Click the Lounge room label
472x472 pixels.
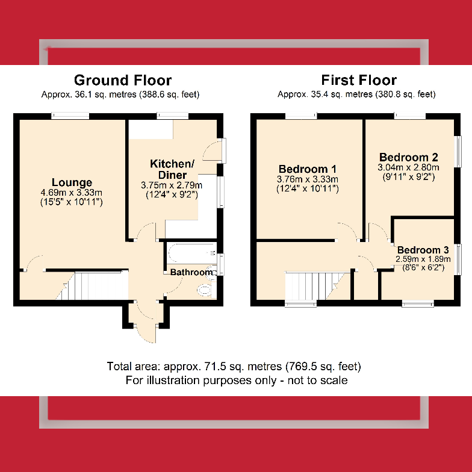tap(72, 182)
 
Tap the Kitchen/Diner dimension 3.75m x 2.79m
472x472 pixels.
tap(172, 185)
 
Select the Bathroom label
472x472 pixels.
tap(191, 272)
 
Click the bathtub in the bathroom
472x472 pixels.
tap(191, 253)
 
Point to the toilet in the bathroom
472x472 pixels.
tap(206, 290)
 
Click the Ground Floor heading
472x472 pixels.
tap(123, 81)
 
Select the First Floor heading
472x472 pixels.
tap(359, 80)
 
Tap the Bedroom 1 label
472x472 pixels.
tap(307, 169)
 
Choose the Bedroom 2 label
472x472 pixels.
tap(408, 157)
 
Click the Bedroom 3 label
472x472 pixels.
tap(423, 250)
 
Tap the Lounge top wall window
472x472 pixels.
tap(70, 116)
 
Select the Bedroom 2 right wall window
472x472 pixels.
tap(458, 152)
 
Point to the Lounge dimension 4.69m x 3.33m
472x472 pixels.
tap(71, 193)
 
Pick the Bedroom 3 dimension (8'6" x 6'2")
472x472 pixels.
tap(423, 267)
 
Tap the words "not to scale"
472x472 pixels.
tap(318, 380)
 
